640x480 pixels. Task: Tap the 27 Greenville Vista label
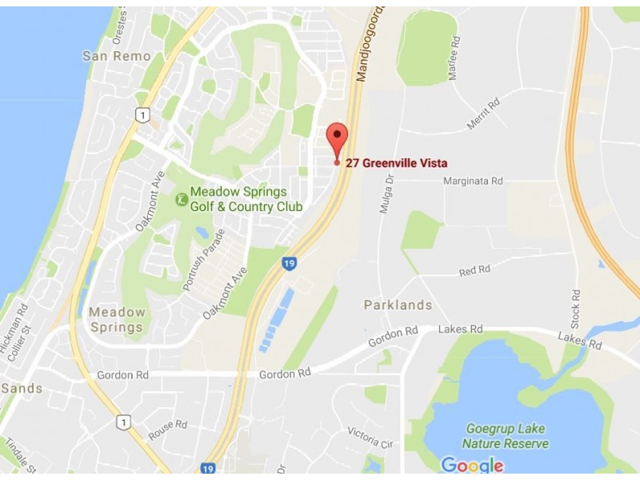pyautogui.click(x=396, y=163)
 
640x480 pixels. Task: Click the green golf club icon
pyautogui.click(x=182, y=195)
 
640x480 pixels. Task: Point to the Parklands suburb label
pyautogui.click(x=398, y=305)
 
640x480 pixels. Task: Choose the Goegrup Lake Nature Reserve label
pyautogui.click(x=506, y=437)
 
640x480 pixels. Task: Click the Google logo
pyautogui.click(x=472, y=465)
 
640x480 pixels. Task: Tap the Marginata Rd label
pyautogui.click(x=473, y=182)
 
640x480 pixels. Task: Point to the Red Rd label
pyautogui.click(x=474, y=271)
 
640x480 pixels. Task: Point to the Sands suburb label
pyautogui.click(x=22, y=389)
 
